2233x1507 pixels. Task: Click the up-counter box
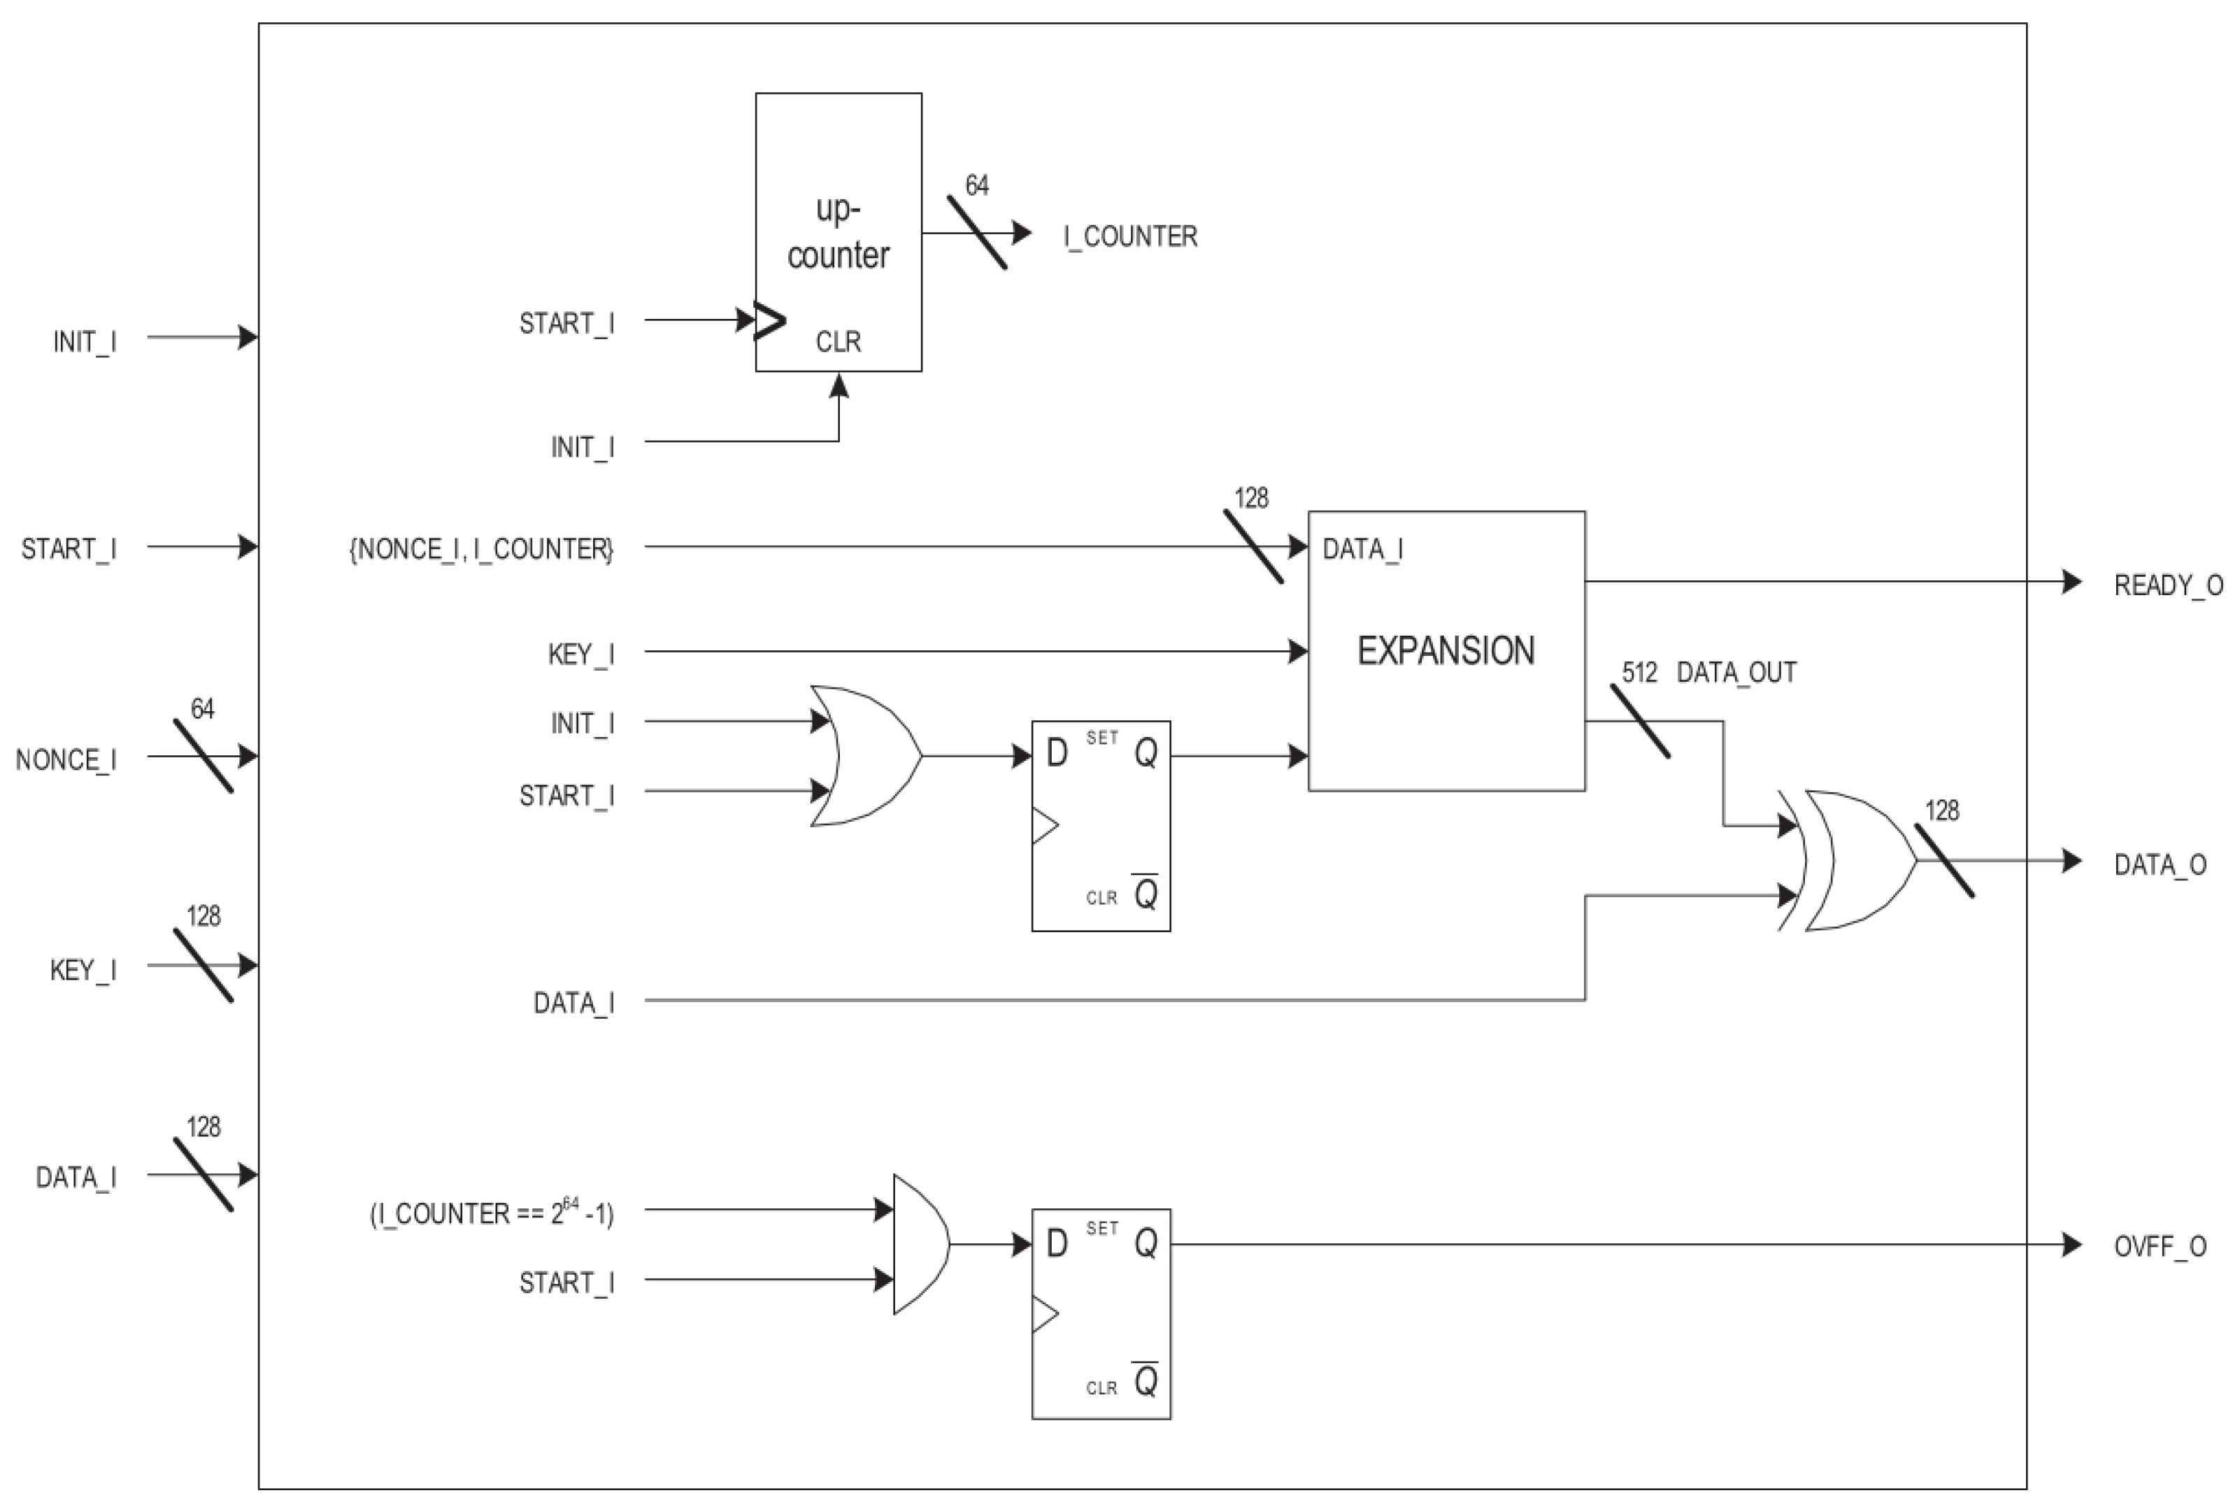point(838,231)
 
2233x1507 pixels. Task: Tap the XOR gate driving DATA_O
point(1855,860)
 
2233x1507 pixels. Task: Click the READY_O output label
point(2168,585)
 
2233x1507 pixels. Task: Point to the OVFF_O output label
point(2159,1248)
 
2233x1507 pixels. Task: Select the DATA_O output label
point(2159,865)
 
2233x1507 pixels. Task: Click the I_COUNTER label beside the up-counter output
point(1130,236)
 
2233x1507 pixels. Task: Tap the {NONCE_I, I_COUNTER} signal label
point(480,549)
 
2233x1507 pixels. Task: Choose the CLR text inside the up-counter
point(838,342)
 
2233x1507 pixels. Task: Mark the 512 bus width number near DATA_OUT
point(1639,673)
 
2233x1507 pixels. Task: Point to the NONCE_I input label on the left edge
point(65,760)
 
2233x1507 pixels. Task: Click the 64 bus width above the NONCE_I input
point(203,709)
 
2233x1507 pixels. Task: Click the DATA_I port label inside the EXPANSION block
point(1362,549)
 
